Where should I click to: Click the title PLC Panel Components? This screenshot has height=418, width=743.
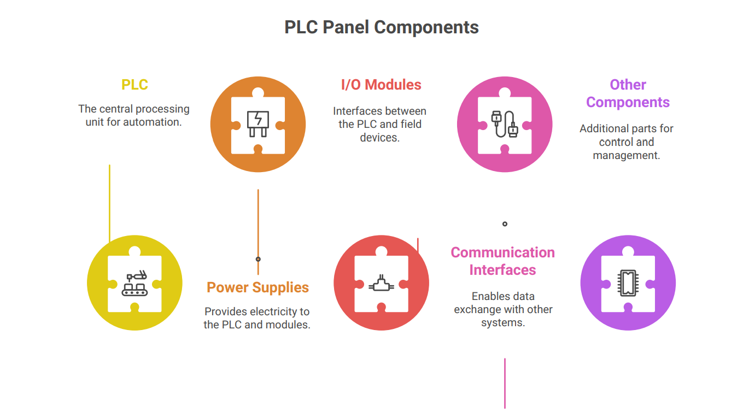[x=382, y=27]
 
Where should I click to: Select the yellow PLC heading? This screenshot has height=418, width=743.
[x=134, y=85]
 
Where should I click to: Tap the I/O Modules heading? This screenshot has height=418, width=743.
[x=381, y=85]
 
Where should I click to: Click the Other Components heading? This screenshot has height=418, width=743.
[x=628, y=93]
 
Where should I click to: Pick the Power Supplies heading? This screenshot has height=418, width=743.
[x=258, y=287]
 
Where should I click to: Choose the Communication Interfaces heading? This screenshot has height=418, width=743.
[x=502, y=261]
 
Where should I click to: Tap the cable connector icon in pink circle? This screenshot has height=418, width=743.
[x=505, y=124]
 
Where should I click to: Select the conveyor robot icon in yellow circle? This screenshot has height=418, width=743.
[x=134, y=284]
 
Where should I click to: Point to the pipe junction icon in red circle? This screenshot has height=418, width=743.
[x=381, y=284]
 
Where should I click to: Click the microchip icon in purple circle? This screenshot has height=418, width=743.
[x=628, y=282]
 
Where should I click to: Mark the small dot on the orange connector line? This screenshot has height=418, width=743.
[x=258, y=259]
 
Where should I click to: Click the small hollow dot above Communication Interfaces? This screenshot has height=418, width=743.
[x=505, y=223]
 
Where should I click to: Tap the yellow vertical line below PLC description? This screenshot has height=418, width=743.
[x=109, y=202]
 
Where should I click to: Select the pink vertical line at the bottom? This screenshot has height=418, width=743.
[x=505, y=382]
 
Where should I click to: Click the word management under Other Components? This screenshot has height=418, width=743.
[x=626, y=155]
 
